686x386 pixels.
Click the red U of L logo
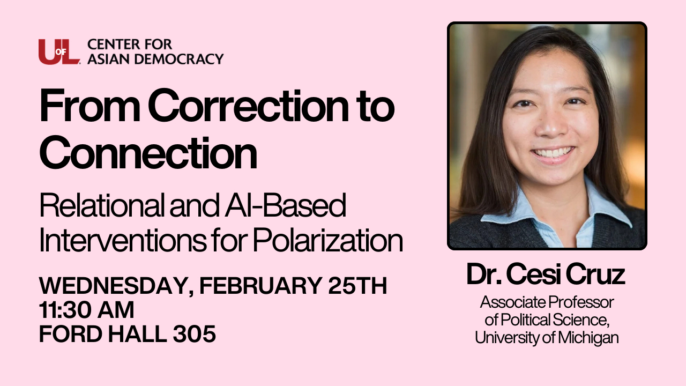pos(59,52)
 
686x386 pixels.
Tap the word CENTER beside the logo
pos(113,44)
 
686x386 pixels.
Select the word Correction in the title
pos(248,106)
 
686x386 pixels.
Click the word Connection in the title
pos(148,153)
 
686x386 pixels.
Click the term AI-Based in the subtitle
pos(286,205)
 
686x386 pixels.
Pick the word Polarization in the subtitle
pos(327,241)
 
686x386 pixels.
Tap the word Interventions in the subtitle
pos(123,241)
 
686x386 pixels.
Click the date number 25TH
pos(357,286)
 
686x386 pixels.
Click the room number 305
pos(195,333)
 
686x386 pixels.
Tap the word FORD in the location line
pos(71,333)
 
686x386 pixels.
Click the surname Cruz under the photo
pos(595,274)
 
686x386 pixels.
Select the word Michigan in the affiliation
pos(588,338)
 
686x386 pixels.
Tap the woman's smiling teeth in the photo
pos(554,153)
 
